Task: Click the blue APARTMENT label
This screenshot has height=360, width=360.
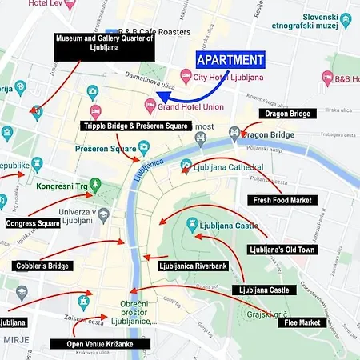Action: pyautogui.click(x=230, y=60)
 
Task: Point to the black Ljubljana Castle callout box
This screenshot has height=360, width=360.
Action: pyautogui.click(x=263, y=289)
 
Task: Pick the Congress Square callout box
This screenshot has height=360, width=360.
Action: pyautogui.click(x=33, y=224)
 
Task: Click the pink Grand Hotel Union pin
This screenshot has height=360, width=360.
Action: pyautogui.click(x=150, y=102)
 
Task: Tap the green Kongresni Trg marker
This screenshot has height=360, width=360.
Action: pyautogui.click(x=95, y=186)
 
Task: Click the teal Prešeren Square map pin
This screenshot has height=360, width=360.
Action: pyautogui.click(x=143, y=146)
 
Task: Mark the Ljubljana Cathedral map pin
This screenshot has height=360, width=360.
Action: pyautogui.click(x=186, y=166)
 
